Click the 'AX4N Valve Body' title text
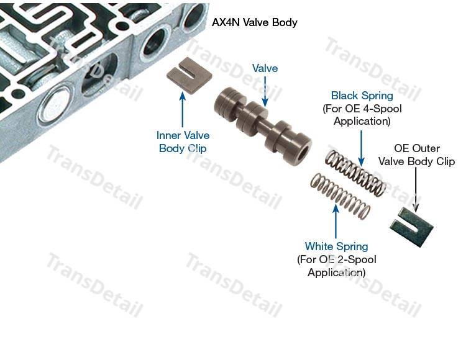(254, 22)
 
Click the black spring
(356, 174)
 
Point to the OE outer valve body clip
(411, 227)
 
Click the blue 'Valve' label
(265, 68)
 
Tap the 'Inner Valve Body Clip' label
(183, 142)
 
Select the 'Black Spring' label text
(362, 96)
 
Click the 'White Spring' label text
(336, 246)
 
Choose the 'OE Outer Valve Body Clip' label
(416, 155)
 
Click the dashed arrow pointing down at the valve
(265, 92)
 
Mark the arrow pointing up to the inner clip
(183, 109)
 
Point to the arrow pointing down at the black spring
(362, 148)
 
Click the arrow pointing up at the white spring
(336, 221)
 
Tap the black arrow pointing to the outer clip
(416, 190)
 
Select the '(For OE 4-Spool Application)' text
(362, 115)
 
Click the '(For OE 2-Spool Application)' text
(336, 266)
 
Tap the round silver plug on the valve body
(55, 104)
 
